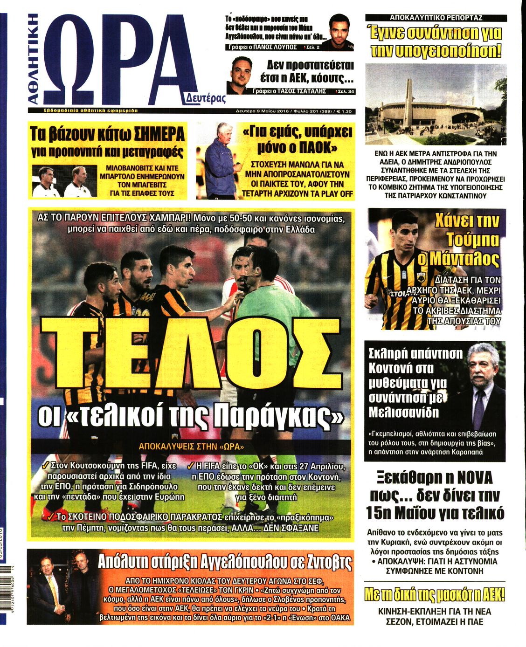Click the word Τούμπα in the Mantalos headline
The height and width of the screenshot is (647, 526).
(x=472, y=240)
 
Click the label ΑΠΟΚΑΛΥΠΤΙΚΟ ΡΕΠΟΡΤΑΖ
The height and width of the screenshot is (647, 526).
(x=436, y=18)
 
